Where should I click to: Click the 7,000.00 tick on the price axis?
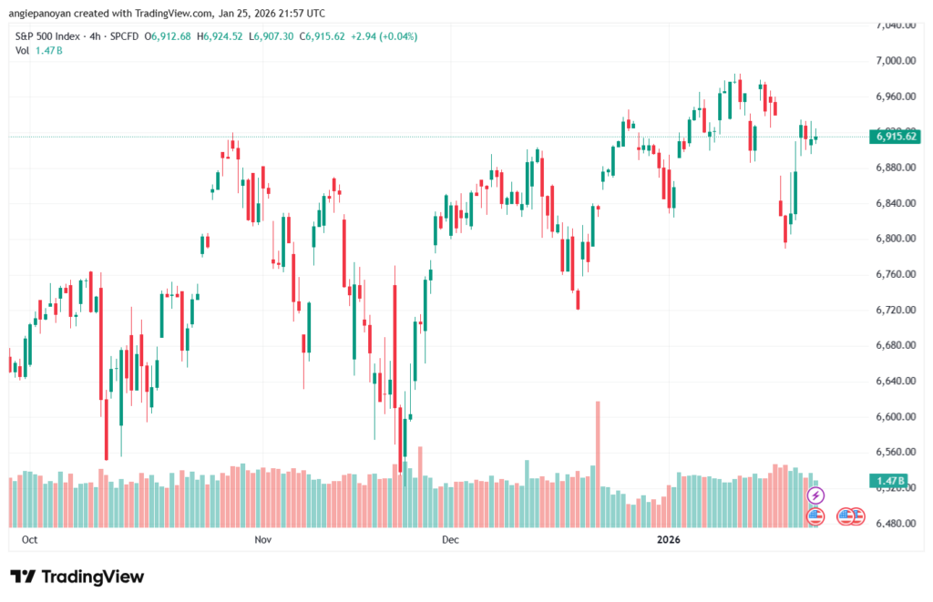(x=894, y=60)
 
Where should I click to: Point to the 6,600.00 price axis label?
(x=894, y=417)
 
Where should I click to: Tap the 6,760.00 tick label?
(x=894, y=274)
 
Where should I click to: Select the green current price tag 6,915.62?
(x=896, y=137)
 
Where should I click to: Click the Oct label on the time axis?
(x=28, y=540)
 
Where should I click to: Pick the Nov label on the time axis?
(x=263, y=540)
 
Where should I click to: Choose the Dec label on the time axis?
(x=449, y=540)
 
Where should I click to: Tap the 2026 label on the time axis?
(x=670, y=540)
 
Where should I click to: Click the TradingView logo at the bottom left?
(x=77, y=576)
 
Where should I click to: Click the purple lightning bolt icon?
(x=815, y=495)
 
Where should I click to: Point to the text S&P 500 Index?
(x=47, y=36)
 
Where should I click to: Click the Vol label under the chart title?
(x=23, y=50)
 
